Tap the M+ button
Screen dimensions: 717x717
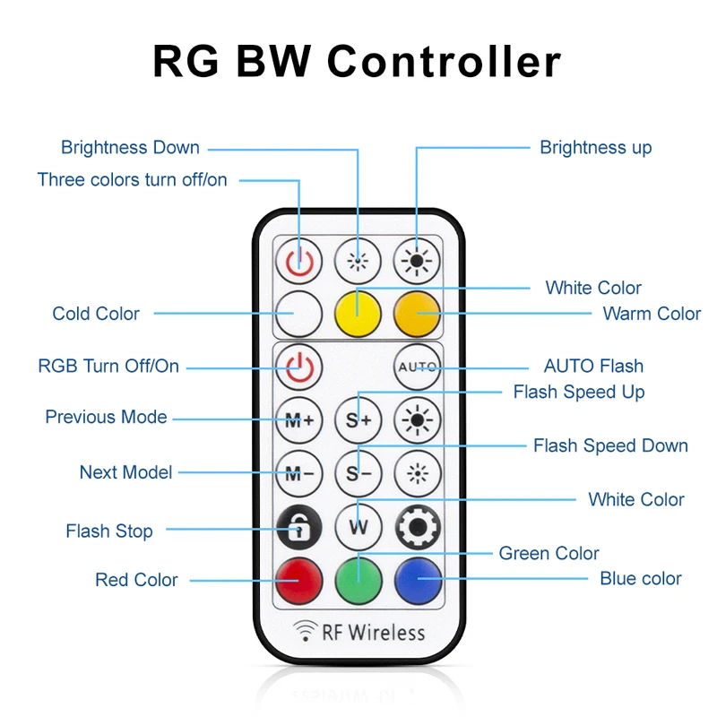298,419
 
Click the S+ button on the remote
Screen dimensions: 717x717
358,419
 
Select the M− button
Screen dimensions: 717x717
298,473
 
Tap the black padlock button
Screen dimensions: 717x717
298,527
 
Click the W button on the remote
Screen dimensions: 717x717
358,527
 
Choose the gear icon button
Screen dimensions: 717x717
417,527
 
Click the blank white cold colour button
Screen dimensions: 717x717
298,313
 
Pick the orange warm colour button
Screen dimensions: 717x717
417,313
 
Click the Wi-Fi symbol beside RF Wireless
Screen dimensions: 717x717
307,633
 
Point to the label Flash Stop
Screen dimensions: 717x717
109,531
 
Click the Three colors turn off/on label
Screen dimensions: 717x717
133,180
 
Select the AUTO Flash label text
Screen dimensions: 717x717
593,366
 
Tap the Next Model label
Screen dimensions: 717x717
125,472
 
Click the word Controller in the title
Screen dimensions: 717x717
444,62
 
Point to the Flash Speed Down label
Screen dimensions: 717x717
610,445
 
